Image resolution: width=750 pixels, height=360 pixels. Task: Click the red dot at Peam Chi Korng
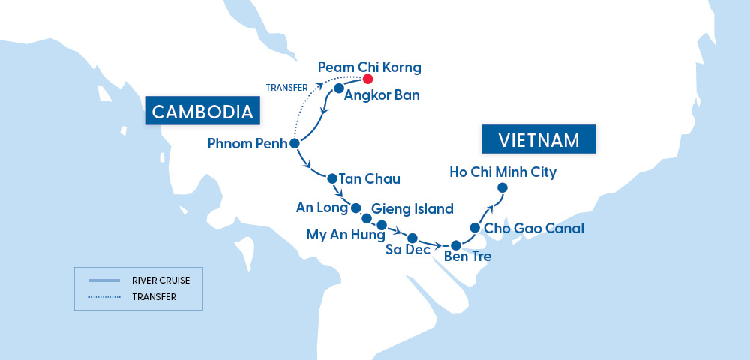(367, 78)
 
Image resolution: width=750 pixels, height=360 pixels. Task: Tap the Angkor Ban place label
(382, 95)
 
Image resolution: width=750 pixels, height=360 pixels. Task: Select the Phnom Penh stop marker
(294, 143)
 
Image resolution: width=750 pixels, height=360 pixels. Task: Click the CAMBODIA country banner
(202, 112)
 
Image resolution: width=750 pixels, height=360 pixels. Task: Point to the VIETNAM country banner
(538, 140)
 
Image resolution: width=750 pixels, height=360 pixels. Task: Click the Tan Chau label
(370, 179)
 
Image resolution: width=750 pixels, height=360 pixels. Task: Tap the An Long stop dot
(356, 208)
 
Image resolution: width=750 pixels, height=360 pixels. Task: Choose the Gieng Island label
(412, 209)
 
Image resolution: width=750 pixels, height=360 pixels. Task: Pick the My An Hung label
(340, 235)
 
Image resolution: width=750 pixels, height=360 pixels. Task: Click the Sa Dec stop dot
(412, 238)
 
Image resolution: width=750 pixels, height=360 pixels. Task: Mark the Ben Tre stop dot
(455, 244)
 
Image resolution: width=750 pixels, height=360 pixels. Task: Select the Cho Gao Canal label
(533, 228)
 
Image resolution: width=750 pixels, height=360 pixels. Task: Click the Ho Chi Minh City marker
(502, 187)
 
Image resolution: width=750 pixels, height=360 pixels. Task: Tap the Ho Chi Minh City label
(502, 172)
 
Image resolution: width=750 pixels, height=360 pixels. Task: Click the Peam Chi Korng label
(369, 67)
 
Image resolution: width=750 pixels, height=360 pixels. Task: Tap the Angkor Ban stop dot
(338, 88)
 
